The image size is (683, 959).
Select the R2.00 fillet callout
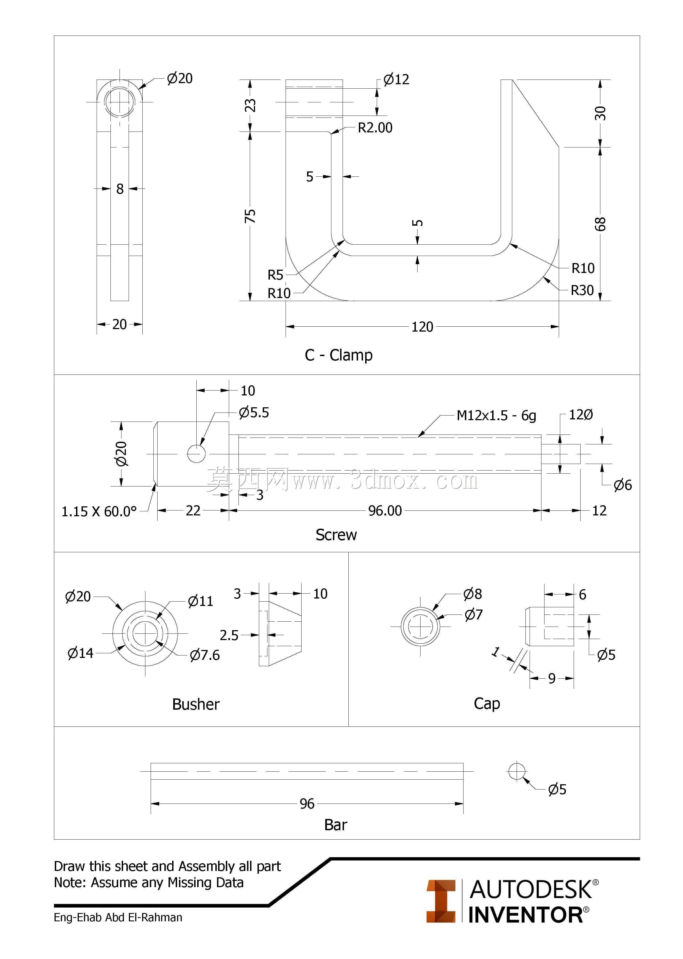point(375,127)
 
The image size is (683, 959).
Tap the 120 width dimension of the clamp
point(422,327)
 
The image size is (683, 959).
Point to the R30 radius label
point(582,290)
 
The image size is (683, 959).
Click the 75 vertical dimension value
point(250,216)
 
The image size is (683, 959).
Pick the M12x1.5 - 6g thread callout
point(496,416)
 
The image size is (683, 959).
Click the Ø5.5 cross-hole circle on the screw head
point(196,453)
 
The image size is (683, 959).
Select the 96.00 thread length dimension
point(385,511)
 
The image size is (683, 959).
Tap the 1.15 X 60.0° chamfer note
point(99,512)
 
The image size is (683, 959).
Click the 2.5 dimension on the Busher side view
point(229,635)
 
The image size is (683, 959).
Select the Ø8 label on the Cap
point(472,594)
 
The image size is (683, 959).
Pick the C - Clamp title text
point(338,355)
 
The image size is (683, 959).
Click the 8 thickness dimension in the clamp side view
point(120,189)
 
